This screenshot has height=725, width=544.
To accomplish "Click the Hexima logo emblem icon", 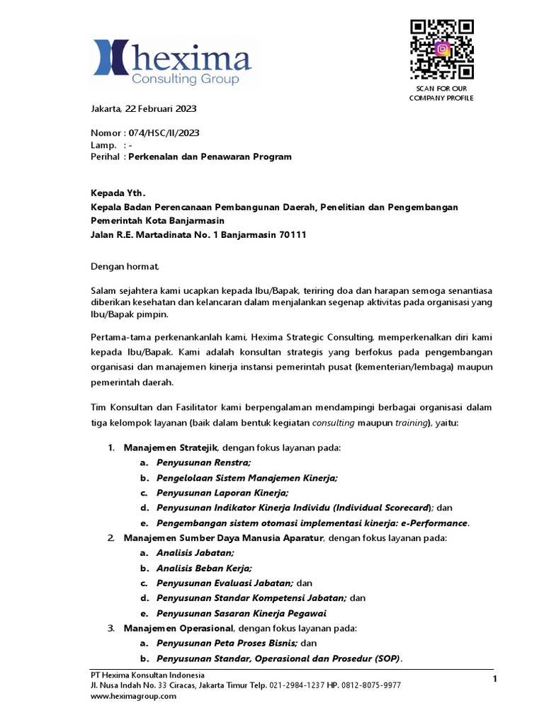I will tap(110, 58).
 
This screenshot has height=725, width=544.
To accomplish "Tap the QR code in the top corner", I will tap(441, 50).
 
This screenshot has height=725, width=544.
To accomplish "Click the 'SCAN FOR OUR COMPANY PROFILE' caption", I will tap(441, 93).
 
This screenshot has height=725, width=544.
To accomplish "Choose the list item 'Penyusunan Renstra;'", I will tap(203, 462).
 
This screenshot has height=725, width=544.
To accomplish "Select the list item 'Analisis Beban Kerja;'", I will tap(204, 568).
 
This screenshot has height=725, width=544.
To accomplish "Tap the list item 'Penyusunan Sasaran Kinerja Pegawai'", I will tap(242, 613).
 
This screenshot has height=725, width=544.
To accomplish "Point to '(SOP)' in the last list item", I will tap(382, 658).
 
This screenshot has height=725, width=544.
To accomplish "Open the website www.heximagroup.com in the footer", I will tap(133, 697).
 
